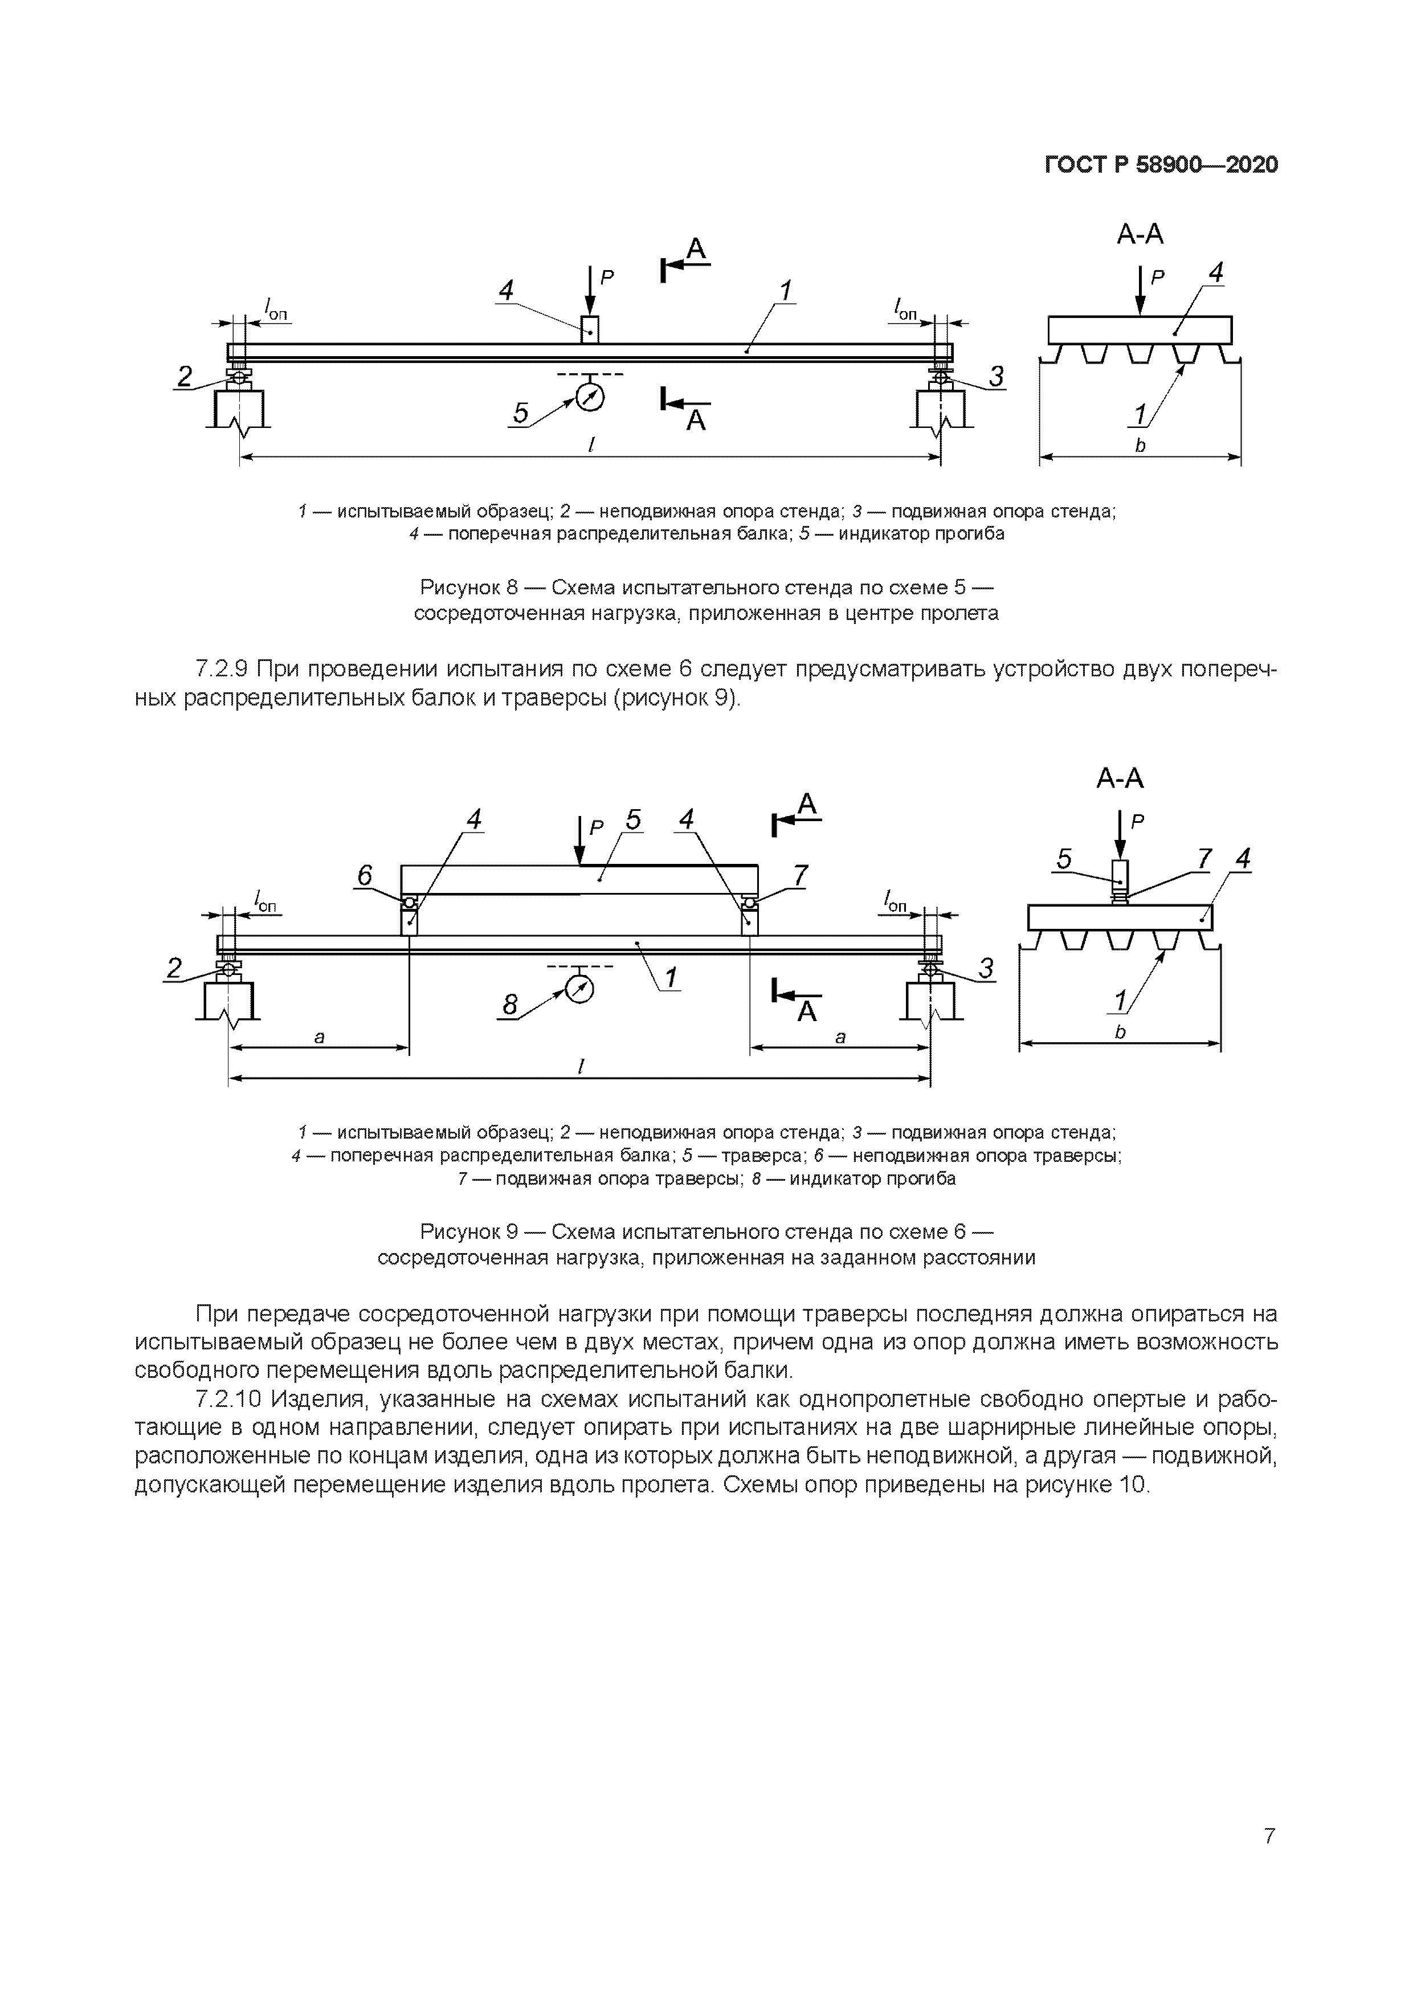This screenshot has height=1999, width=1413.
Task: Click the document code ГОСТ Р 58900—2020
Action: point(1161,165)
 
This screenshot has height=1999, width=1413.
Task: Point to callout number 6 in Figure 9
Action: point(365,875)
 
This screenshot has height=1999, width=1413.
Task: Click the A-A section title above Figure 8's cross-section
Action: point(1140,234)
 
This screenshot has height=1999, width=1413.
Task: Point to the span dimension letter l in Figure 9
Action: point(580,1067)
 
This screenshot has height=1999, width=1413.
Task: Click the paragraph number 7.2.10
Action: point(229,1399)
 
